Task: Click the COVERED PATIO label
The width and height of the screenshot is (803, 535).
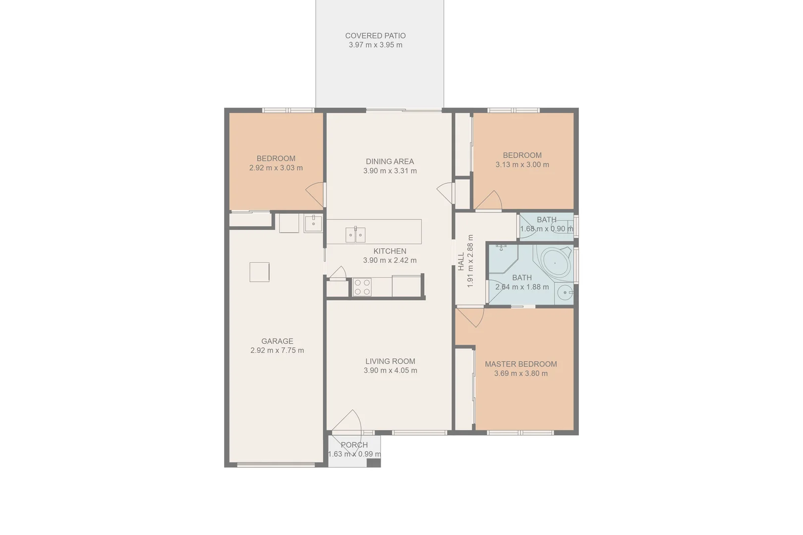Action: pos(375,36)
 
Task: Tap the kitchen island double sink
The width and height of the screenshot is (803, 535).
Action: pos(355,235)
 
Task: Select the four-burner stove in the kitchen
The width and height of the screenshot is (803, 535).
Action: pos(362,287)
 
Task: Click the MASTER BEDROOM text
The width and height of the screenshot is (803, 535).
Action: pos(520,364)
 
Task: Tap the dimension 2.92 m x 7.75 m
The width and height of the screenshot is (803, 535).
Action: pos(277,350)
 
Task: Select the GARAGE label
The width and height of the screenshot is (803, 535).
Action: pos(277,341)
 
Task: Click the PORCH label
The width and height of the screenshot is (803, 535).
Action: pos(354,445)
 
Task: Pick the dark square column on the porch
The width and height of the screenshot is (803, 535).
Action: pos(373,463)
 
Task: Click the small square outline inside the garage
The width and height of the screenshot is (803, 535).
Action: pos(259,272)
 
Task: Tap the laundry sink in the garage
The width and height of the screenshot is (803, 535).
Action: pos(313,223)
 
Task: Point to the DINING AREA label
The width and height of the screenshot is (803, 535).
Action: pos(390,161)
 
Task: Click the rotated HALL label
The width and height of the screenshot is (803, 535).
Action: pos(461,261)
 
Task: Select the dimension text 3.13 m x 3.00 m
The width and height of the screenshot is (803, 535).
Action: pos(522,164)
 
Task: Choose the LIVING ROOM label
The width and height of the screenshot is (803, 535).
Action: pos(390,361)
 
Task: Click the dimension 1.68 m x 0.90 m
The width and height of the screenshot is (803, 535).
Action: pos(546,229)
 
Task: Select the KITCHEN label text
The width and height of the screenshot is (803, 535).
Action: pos(390,251)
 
